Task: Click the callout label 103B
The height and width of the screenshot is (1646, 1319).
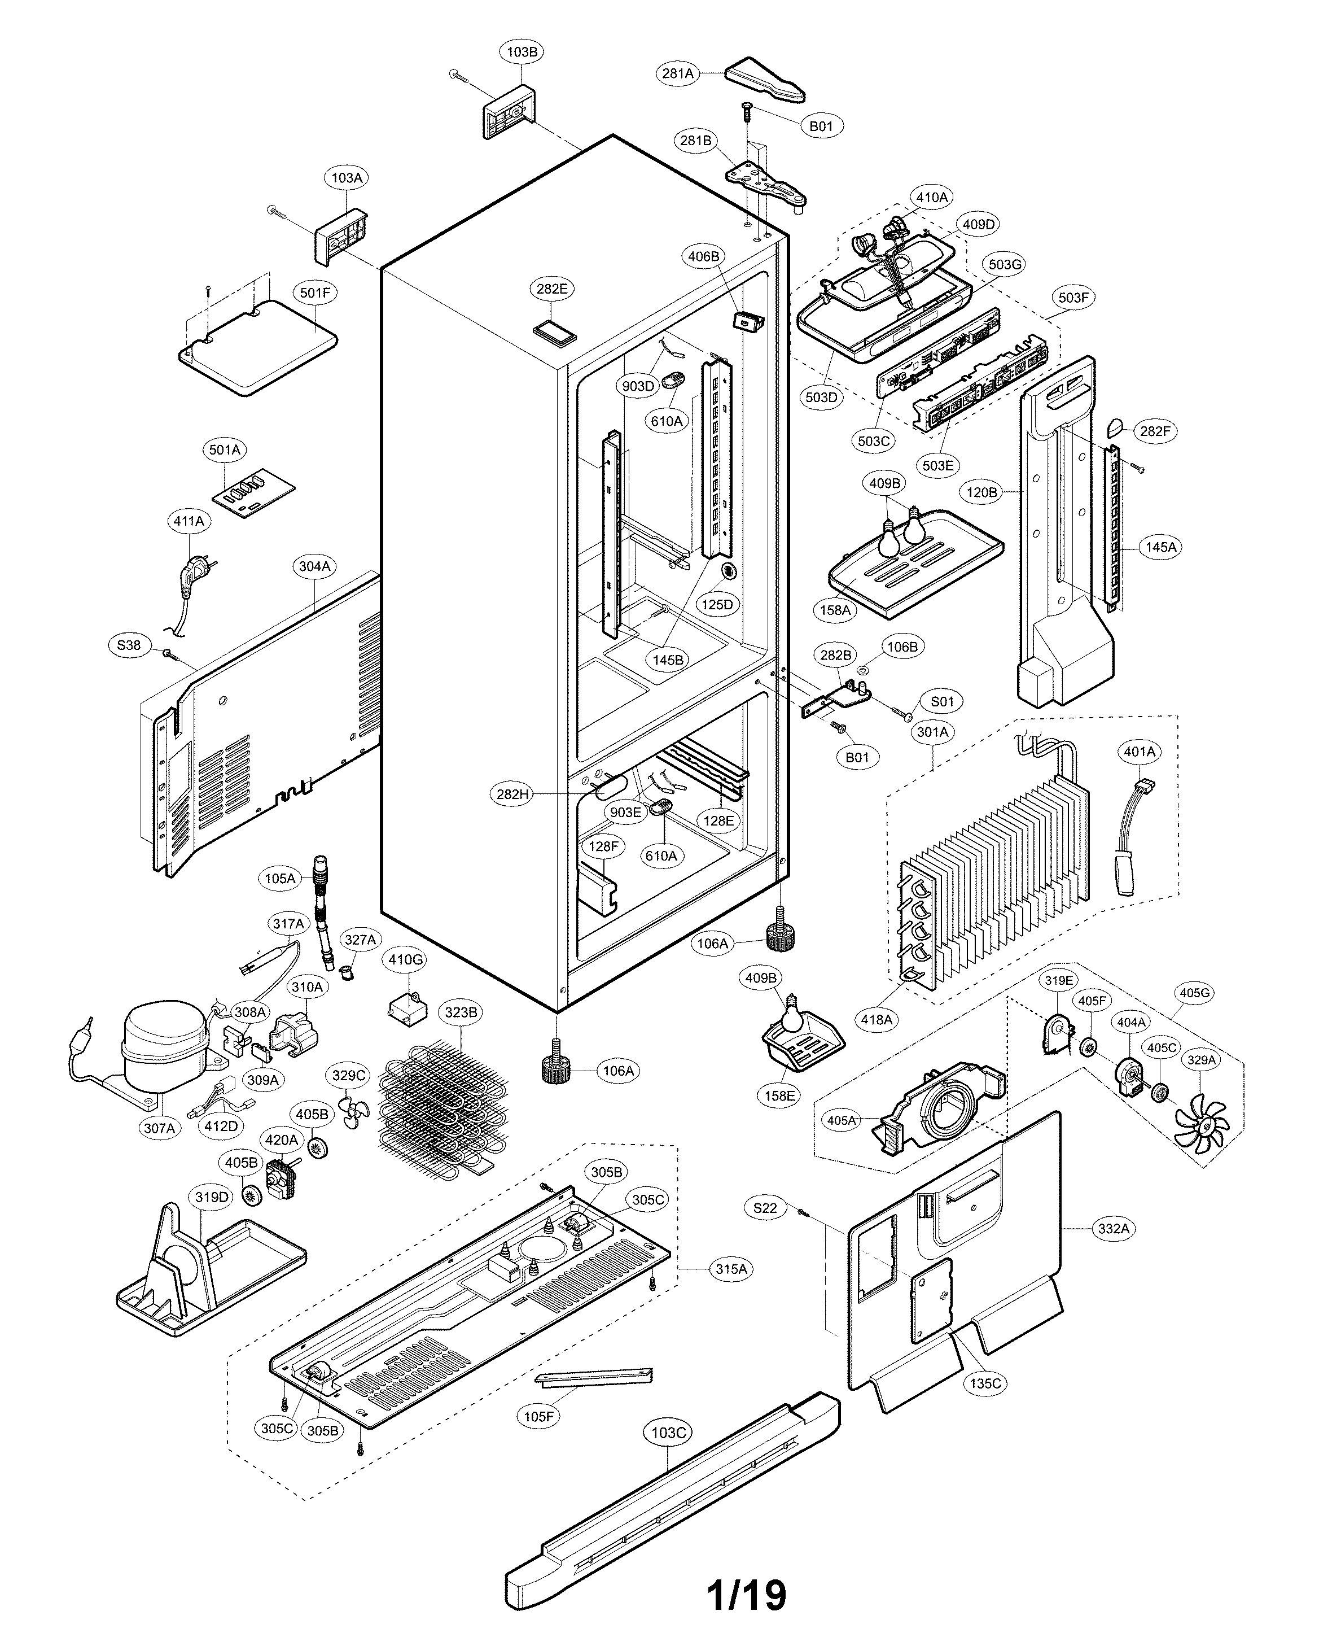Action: coord(522,52)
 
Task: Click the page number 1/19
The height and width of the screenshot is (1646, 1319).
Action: coord(747,1594)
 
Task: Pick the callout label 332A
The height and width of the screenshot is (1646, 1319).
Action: coord(1114,1228)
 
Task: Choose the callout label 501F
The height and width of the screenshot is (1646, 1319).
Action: coord(315,292)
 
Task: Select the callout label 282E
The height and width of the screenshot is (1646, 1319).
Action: coord(552,289)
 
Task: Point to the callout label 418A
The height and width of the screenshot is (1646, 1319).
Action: coord(877,1019)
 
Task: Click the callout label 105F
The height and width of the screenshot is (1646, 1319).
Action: coord(538,1416)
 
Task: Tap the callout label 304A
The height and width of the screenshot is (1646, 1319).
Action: coord(314,566)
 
